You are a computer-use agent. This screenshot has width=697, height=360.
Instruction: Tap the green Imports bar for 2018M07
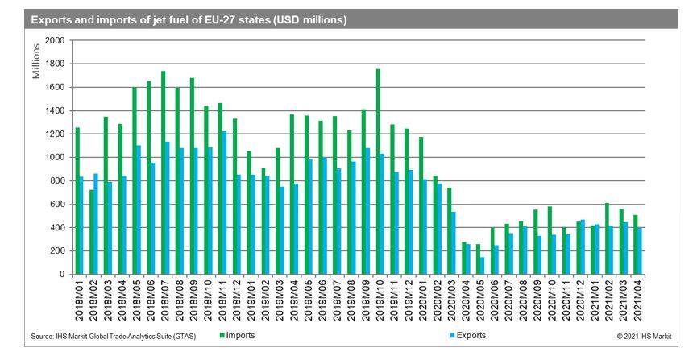point(164,172)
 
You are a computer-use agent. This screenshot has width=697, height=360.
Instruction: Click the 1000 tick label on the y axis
point(56,157)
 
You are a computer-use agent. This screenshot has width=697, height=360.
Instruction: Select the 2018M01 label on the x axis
point(78,302)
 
